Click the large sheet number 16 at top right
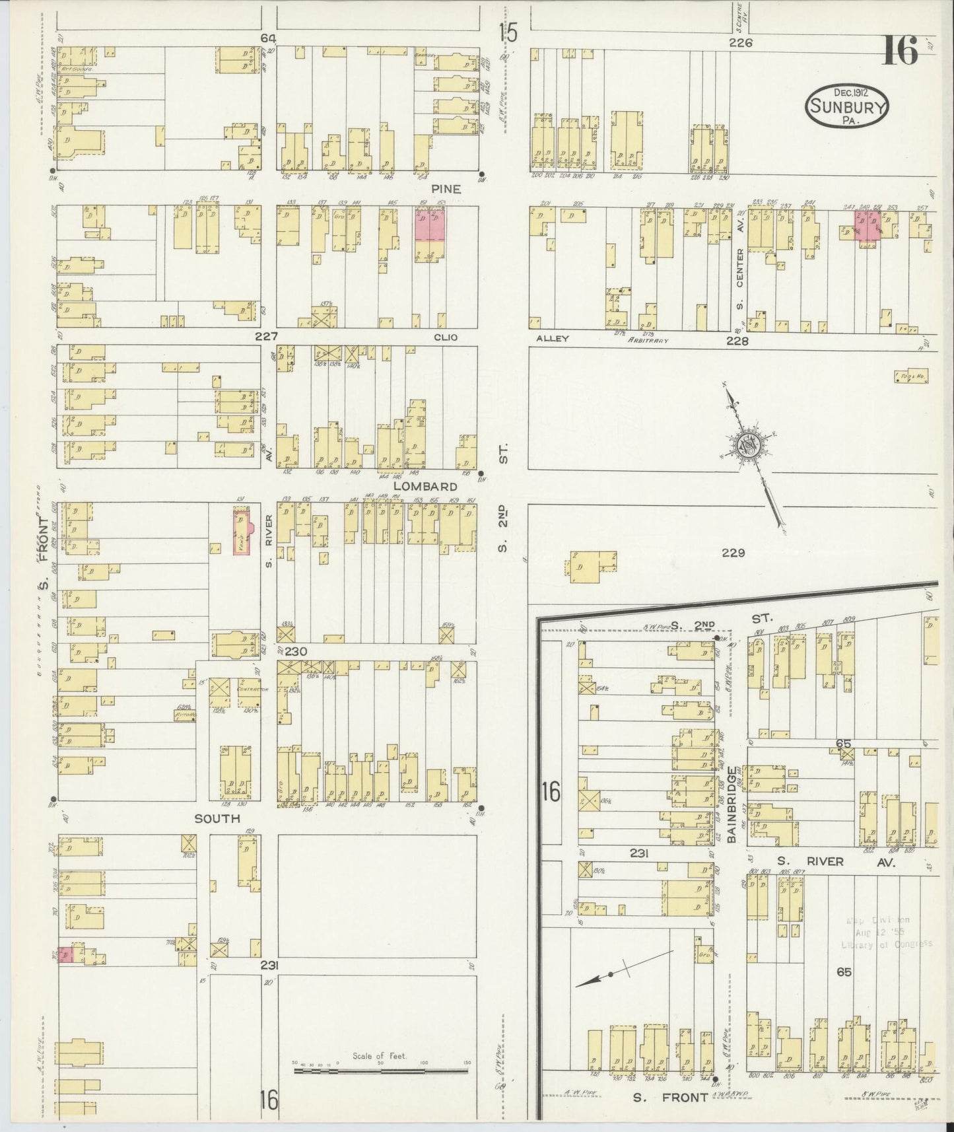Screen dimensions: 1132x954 pos(901,50)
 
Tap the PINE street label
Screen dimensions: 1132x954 pos(446,189)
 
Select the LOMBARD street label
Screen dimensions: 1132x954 pos(425,487)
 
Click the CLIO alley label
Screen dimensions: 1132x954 pos(445,337)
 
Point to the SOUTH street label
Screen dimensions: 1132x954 pos(217,819)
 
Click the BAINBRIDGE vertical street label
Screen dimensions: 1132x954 pos(732,804)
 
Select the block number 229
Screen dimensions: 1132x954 pos(733,553)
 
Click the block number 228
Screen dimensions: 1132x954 pos(737,341)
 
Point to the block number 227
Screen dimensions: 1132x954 pos(267,337)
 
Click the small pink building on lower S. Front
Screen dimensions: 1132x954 pos(65,955)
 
